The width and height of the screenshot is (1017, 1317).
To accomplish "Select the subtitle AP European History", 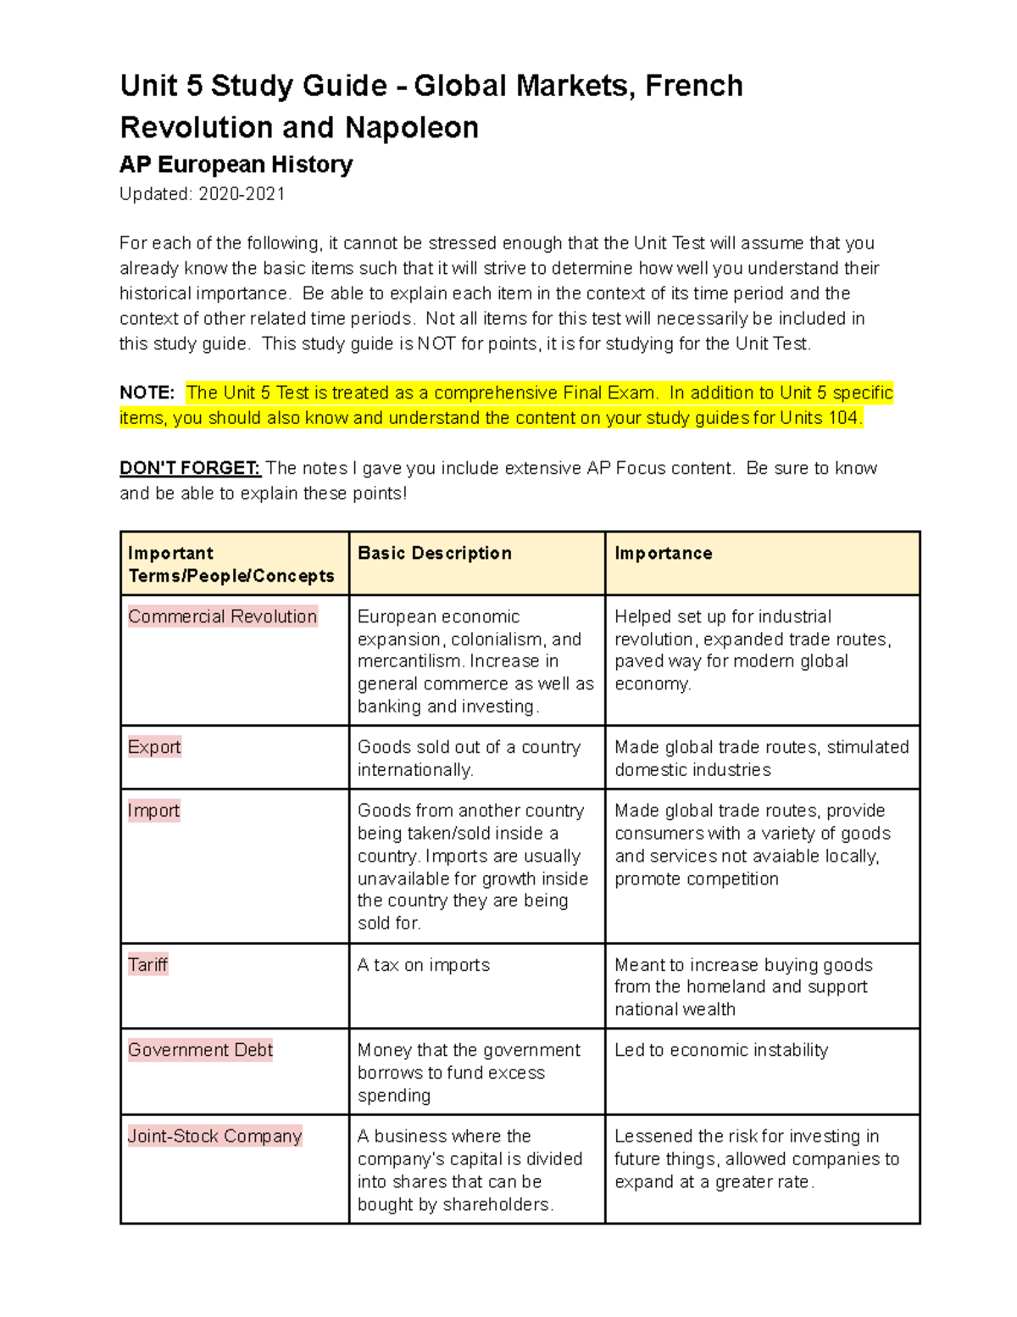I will click(x=236, y=165).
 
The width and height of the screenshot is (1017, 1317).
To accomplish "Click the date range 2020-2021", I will click(x=242, y=194).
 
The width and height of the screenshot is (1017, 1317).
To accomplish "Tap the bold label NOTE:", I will click(x=147, y=393).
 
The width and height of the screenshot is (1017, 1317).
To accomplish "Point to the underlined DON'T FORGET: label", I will click(x=190, y=468).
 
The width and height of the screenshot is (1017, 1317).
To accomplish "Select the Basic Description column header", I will click(x=434, y=553).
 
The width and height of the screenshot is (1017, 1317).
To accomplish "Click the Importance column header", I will click(x=663, y=553).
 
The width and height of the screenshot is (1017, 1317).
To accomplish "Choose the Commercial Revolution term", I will click(x=222, y=617).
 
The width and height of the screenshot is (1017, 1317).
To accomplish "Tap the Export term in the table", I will click(x=154, y=747).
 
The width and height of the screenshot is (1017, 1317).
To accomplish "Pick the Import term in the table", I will click(x=153, y=811).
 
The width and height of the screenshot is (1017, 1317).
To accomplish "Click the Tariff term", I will click(x=147, y=964).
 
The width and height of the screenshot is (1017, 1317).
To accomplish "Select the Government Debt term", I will click(x=200, y=1050).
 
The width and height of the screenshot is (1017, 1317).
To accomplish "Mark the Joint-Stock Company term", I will click(x=214, y=1136).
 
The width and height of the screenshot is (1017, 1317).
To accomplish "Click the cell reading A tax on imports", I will click(x=423, y=965).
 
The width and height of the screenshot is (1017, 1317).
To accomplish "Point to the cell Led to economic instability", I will click(x=720, y=1050).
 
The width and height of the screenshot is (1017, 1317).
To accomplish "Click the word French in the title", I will click(x=693, y=86).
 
